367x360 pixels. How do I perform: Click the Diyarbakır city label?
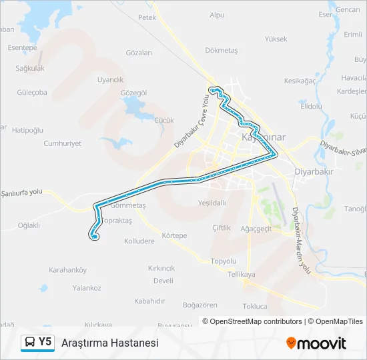point(314,171)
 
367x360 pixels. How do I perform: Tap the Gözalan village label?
point(139,53)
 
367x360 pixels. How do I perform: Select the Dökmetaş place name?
point(222,50)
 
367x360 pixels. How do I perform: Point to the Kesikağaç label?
point(300,81)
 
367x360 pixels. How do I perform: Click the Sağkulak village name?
point(29,68)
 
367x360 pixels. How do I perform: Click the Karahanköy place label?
point(68,270)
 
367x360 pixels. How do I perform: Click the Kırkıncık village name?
point(161,267)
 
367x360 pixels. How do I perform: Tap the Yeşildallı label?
point(212,203)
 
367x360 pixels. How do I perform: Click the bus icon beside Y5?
point(30,342)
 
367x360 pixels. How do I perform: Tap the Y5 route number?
point(45,342)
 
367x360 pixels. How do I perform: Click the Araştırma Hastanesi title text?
point(109,343)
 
